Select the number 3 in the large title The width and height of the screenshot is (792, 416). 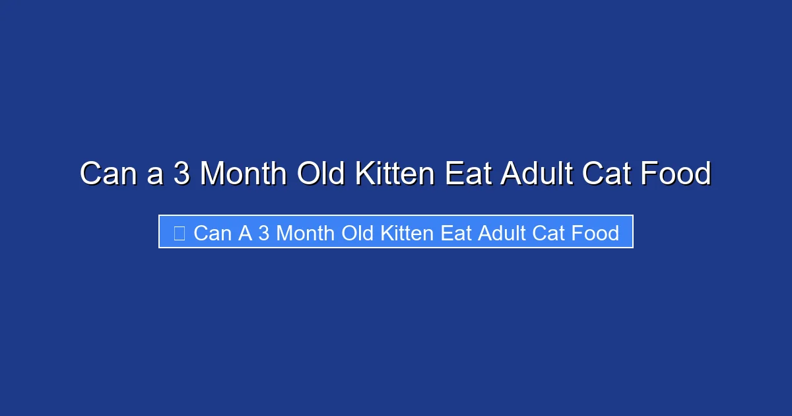[181, 174]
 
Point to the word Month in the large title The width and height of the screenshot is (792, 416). [243, 174]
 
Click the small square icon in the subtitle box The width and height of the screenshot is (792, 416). [179, 232]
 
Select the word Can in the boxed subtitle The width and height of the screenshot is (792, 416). [213, 232]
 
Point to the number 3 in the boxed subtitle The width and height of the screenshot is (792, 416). [263, 232]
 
